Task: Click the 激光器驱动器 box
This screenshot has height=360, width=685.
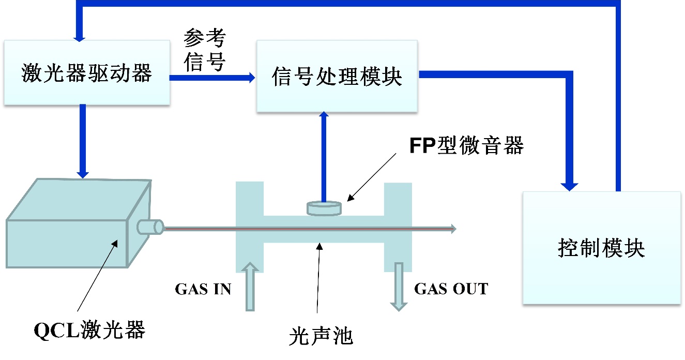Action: point(87,73)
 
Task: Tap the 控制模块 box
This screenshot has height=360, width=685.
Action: point(601,248)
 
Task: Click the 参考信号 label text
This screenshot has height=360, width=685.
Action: point(205,50)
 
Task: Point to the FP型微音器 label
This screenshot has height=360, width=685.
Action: point(467,146)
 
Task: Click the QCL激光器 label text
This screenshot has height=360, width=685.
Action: point(89,329)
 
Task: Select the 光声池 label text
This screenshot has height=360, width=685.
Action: point(321,337)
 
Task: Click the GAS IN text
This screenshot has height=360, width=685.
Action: point(203,289)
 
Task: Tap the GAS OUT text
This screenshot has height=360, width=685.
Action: point(451,289)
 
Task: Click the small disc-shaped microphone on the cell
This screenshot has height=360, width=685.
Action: point(325,208)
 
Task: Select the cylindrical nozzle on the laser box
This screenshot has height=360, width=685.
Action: point(150,227)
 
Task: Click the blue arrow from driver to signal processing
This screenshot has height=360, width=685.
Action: point(212,78)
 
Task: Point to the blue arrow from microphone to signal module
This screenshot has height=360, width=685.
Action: point(324,155)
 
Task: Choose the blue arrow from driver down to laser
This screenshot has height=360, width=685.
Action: point(82,140)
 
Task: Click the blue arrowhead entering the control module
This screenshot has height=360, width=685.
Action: point(571,184)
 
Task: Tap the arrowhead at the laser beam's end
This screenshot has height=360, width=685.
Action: point(453,229)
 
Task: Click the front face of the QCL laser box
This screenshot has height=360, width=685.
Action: point(67,242)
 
